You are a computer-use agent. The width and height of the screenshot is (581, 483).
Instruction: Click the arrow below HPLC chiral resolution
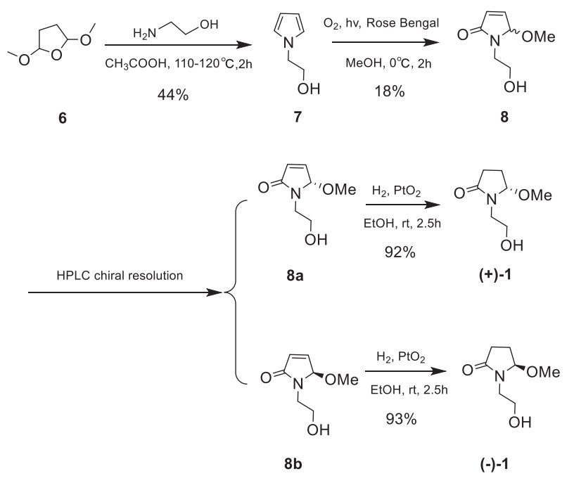pyautogui.click(x=127, y=292)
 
